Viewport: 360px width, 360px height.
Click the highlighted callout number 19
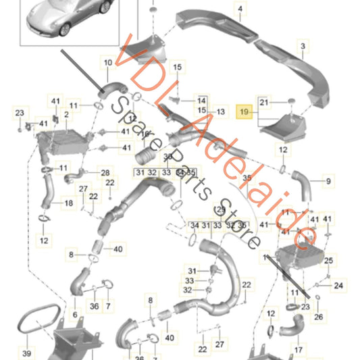click(245, 108)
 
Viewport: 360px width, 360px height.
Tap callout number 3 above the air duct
click(303, 46)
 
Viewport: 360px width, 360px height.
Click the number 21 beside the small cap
click(264, 102)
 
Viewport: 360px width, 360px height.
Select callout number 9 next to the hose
click(328, 181)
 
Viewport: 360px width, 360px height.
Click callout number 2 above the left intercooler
click(66, 115)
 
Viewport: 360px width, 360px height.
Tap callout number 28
click(105, 173)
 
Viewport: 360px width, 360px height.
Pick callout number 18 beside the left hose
click(69, 203)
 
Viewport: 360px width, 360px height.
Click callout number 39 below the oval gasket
click(26, 353)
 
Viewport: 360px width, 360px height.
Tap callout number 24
click(338, 286)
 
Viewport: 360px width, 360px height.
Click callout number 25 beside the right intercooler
click(328, 260)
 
